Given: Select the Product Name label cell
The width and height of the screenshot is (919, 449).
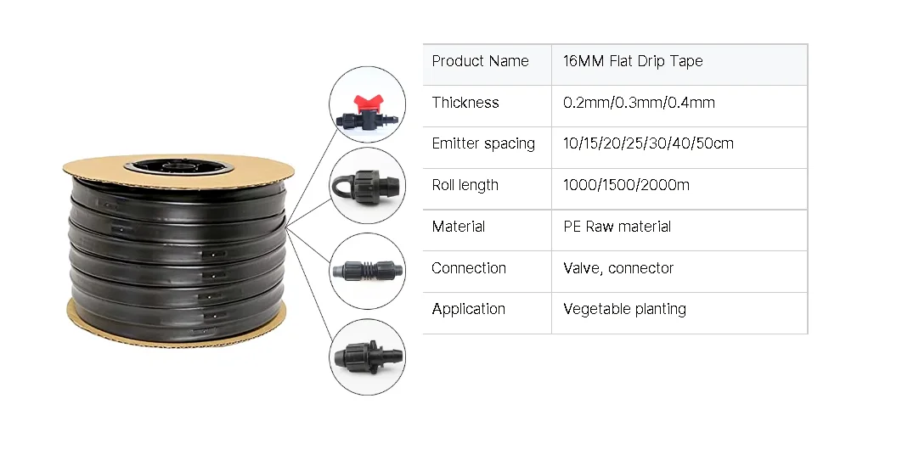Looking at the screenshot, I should [480, 61].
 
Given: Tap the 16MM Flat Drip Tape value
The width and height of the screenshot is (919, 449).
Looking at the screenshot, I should [633, 61].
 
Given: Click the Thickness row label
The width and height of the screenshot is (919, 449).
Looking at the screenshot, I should [465, 103].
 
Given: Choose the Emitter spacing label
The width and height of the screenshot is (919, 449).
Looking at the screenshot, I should [483, 143].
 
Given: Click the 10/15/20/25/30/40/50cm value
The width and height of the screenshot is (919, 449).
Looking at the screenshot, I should [648, 143].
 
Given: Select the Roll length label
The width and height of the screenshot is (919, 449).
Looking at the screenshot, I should [465, 185].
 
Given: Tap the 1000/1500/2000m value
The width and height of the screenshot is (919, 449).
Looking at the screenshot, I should [626, 185].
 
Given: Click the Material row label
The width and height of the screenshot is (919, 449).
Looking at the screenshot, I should [459, 227].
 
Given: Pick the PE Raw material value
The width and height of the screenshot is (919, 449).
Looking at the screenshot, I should [617, 227].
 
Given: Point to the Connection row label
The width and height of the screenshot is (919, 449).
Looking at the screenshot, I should [469, 268].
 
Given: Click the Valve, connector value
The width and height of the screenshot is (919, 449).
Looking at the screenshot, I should [618, 268].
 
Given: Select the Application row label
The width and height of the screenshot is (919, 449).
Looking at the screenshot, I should [469, 309].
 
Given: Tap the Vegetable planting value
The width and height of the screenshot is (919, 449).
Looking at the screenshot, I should [624, 309].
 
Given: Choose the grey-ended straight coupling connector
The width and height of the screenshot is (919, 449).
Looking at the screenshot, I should [367, 272].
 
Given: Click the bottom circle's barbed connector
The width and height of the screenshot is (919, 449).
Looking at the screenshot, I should [367, 356].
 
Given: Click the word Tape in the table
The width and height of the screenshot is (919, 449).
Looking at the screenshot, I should [686, 61].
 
